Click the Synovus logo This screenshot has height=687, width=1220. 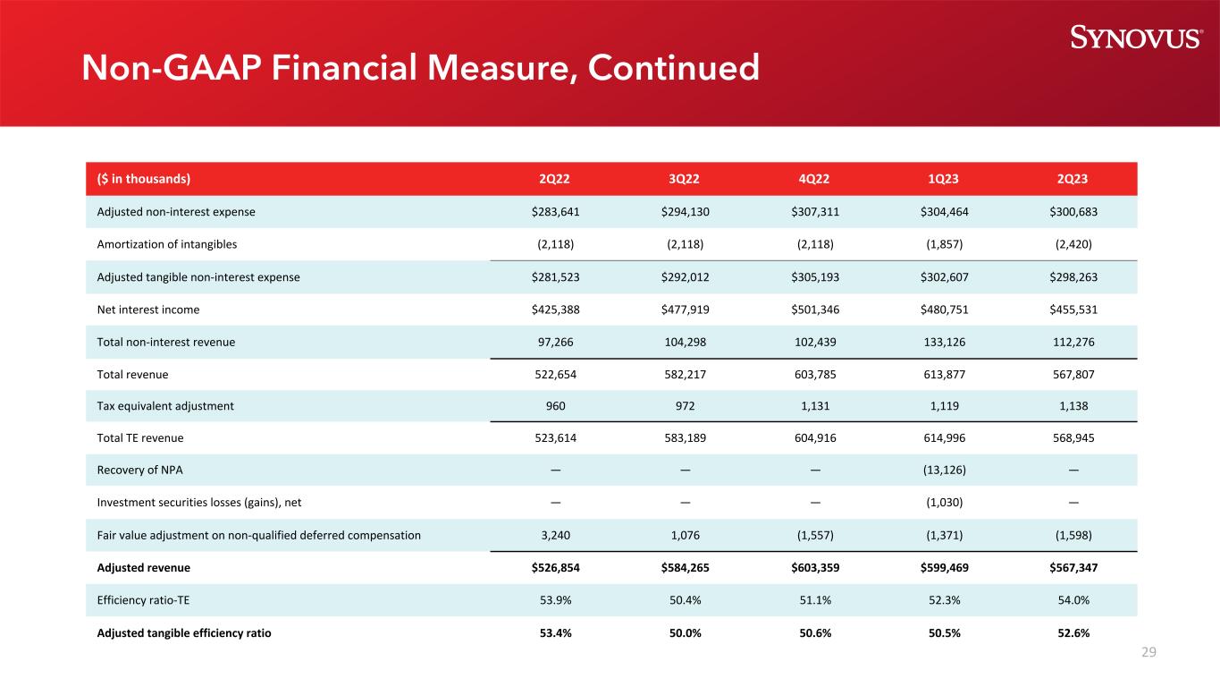pyautogui.click(x=1136, y=37)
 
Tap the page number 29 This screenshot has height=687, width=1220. pyautogui.click(x=1148, y=652)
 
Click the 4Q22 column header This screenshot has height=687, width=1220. pyautogui.click(x=814, y=178)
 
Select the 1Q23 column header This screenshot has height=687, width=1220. pyautogui.click(x=944, y=178)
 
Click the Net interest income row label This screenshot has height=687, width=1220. pyautogui.click(x=149, y=310)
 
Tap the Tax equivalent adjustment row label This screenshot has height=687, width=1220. pyautogui.click(x=165, y=405)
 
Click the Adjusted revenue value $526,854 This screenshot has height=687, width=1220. pyautogui.click(x=555, y=567)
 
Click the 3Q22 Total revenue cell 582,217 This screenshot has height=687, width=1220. pyautogui.click(x=685, y=374)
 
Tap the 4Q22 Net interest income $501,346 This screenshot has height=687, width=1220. pyautogui.click(x=814, y=310)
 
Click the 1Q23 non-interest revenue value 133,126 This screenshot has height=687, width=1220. pyautogui.click(x=944, y=342)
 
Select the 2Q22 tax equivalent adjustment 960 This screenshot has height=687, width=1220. pyautogui.click(x=555, y=405)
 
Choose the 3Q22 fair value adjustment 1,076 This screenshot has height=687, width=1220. pyautogui.click(x=685, y=535)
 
